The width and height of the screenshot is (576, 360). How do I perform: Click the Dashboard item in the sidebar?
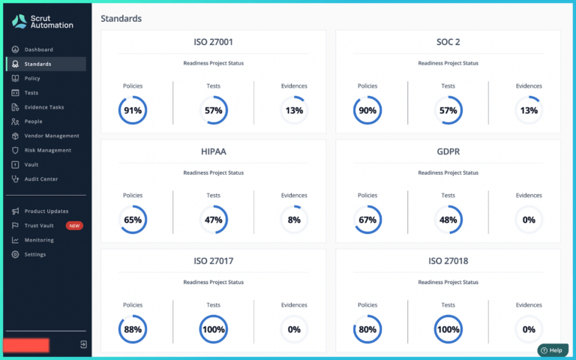(38, 49)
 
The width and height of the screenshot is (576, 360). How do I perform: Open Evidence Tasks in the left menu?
(43, 107)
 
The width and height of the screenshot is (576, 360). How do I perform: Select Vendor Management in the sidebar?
(51, 136)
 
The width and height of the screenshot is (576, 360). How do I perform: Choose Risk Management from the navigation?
(47, 150)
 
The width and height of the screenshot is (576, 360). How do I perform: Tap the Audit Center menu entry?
(40, 179)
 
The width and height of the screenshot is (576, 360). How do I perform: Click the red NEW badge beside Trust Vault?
(74, 226)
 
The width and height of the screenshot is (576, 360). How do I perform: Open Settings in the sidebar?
(34, 254)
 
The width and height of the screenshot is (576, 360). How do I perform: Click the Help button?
(552, 350)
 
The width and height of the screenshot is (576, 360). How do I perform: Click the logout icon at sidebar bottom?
(83, 344)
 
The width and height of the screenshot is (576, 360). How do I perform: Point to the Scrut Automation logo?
(43, 21)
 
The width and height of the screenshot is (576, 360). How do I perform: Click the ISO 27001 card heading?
(213, 43)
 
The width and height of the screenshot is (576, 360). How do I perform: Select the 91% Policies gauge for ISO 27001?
(133, 111)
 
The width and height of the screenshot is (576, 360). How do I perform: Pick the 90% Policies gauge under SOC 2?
(367, 111)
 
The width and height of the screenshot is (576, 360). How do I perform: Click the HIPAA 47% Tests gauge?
(213, 220)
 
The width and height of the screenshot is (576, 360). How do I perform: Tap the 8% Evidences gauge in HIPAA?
(294, 220)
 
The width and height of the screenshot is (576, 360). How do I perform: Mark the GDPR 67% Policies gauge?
(367, 220)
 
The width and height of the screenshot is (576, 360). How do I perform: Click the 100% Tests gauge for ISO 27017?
(213, 329)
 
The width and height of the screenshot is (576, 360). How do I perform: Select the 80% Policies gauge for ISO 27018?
(367, 329)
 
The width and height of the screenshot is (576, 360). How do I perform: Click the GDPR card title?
(448, 151)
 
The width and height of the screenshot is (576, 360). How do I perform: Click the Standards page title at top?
(121, 18)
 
